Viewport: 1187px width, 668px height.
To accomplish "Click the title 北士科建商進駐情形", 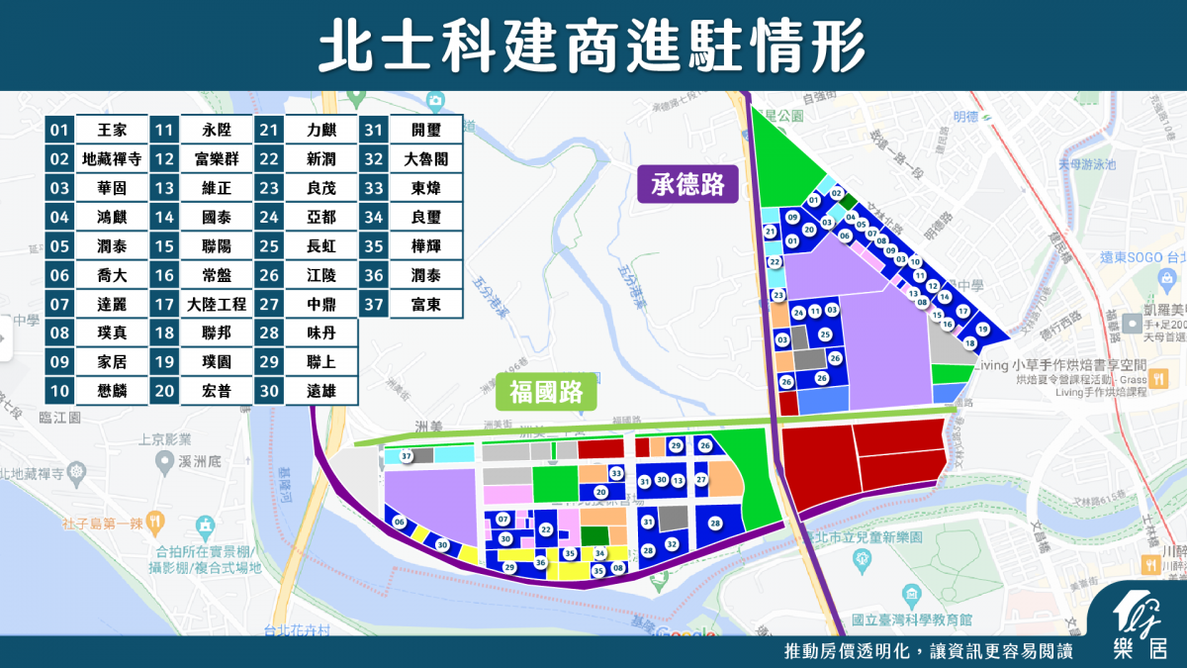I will (593, 45).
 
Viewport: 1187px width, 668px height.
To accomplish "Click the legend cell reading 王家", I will (112, 130).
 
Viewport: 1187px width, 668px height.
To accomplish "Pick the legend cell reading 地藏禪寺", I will (112, 158).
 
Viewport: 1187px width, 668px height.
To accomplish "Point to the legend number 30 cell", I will (269, 391).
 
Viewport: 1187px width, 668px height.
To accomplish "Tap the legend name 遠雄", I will (320, 391).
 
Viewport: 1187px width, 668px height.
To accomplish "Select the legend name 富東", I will (425, 304).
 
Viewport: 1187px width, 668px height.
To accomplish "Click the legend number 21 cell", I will (269, 130).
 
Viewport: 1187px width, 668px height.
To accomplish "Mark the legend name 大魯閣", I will (425, 158).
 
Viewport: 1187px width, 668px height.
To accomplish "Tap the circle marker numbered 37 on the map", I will (406, 456).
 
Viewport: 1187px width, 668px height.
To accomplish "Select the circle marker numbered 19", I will (982, 329).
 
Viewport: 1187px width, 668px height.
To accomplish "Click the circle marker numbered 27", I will (700, 480).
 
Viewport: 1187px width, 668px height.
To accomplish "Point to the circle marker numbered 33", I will (615, 474).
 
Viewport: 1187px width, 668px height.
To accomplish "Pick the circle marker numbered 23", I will (778, 295).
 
